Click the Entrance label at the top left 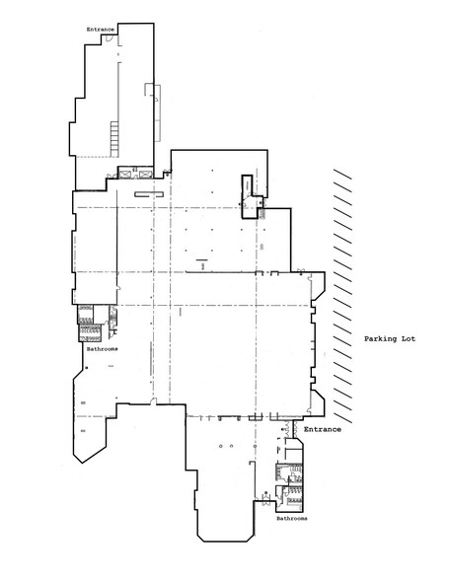[101, 30]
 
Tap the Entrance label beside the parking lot [323, 429]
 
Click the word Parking [381, 338]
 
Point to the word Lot [409, 338]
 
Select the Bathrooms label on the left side [103, 349]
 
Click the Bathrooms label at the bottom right [292, 518]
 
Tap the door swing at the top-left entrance [109, 37]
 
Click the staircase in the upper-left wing [114, 139]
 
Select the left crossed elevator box [125, 174]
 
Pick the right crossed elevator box [145, 174]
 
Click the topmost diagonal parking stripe [342, 174]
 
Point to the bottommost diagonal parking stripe [342, 418]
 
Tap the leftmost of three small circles [221, 446]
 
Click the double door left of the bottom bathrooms [265, 499]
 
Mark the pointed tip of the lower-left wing [82, 463]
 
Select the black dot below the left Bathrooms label [86, 368]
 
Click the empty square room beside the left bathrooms [101, 314]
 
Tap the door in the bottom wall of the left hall [153, 401]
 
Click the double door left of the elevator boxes [111, 176]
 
